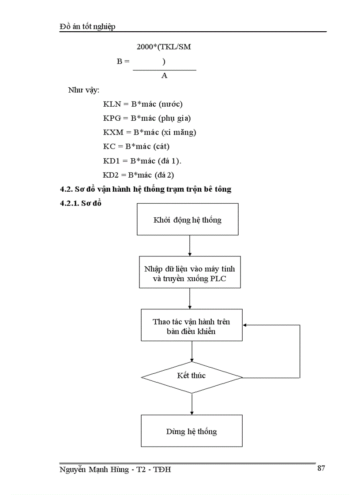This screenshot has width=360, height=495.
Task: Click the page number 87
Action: (321, 468)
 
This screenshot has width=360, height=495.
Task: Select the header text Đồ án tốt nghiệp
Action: (87, 27)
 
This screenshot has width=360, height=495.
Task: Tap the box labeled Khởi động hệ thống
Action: (187, 220)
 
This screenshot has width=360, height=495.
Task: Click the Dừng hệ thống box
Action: (191, 431)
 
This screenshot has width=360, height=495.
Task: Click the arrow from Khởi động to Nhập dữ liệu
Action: (189, 246)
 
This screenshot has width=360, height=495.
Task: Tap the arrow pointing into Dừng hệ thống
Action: (192, 404)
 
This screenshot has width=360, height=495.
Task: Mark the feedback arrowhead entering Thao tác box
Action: (246, 325)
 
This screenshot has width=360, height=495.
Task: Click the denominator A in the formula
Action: (164, 76)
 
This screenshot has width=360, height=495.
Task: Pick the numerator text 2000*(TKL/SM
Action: (164, 47)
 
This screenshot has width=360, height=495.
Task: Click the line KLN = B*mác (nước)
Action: (142, 104)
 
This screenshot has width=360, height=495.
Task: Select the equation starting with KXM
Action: (150, 132)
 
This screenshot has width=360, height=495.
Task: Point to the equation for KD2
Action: (139, 175)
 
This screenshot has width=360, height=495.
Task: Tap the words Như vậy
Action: (84, 90)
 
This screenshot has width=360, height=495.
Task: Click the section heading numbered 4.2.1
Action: (81, 204)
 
